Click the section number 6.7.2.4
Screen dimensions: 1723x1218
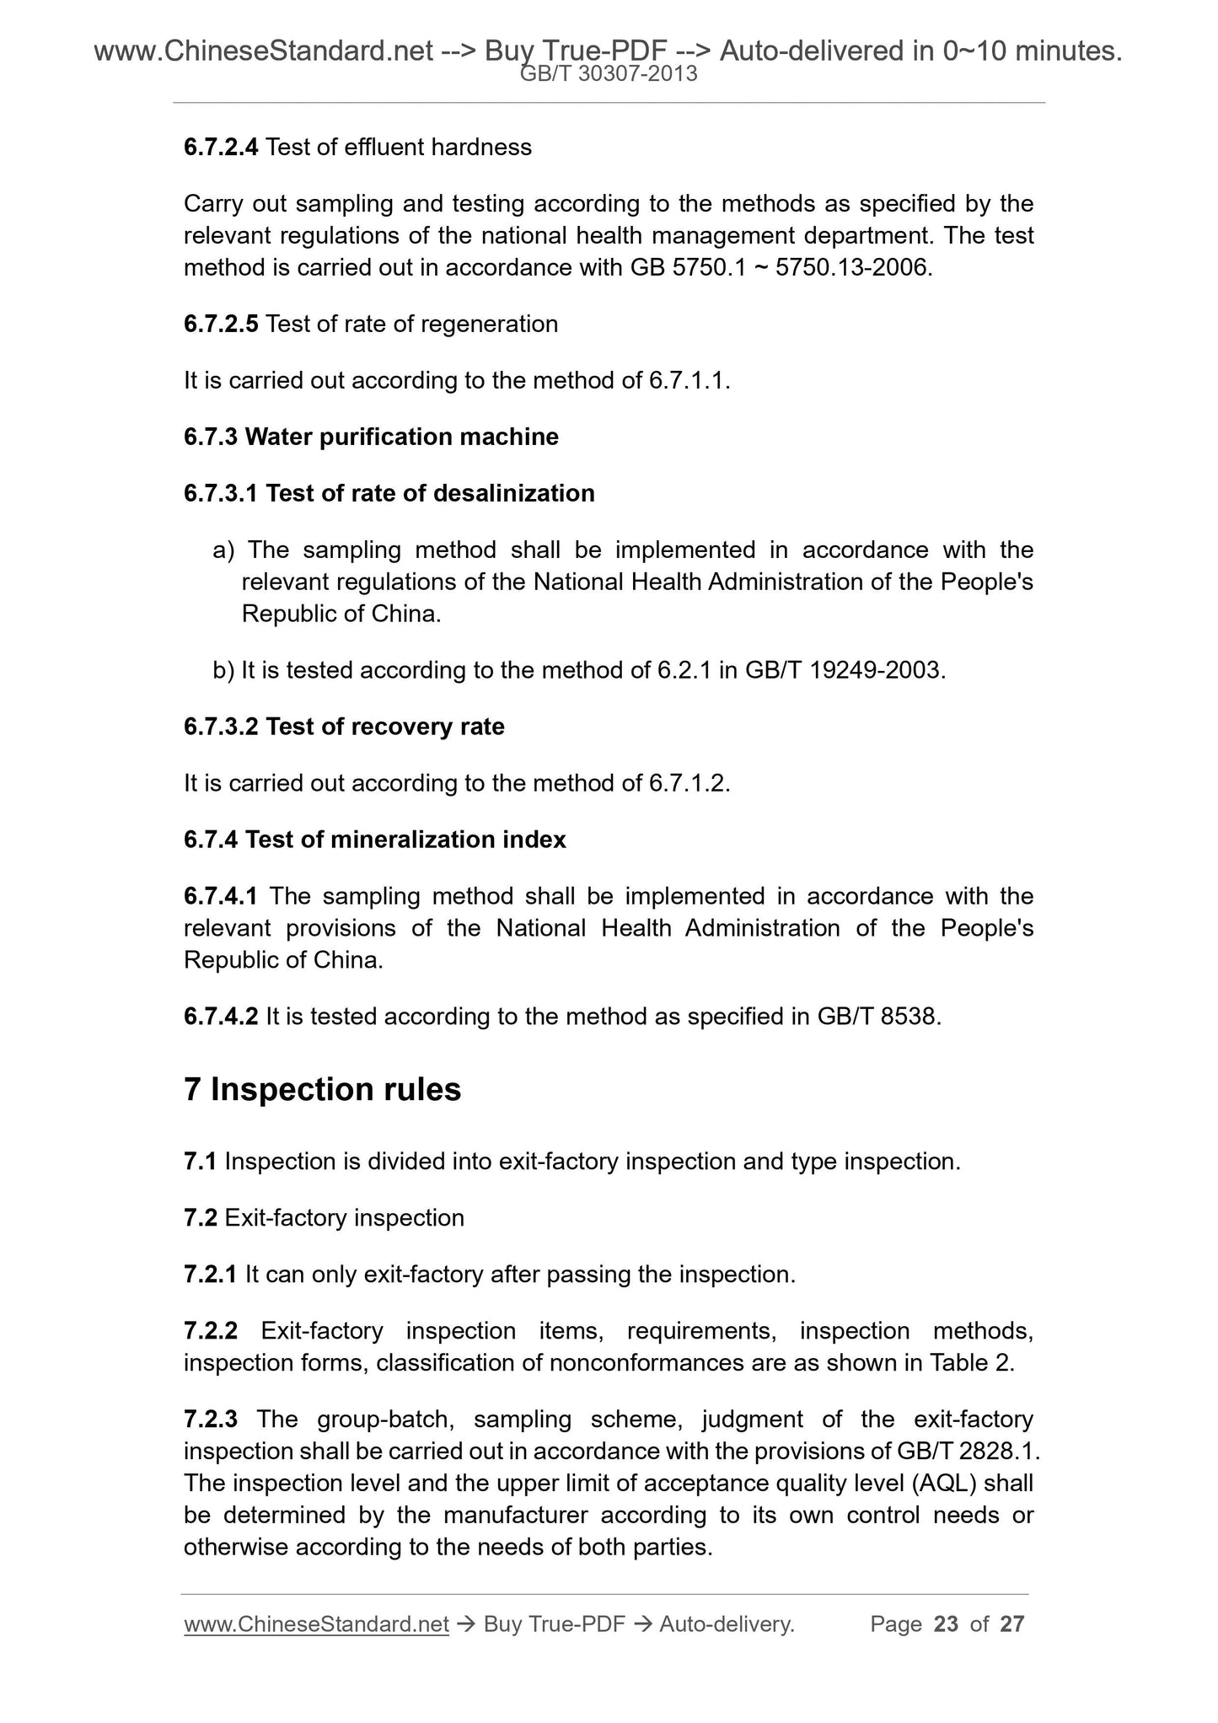[221, 148]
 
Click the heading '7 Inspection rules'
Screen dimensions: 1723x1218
[322, 1090]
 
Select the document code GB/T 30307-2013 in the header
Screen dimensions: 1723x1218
[609, 74]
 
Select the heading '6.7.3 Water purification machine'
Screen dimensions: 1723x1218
[371, 437]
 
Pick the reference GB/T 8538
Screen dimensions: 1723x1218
[877, 1017]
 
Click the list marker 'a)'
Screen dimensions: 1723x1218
[223, 550]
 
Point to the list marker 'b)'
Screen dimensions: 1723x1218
[223, 670]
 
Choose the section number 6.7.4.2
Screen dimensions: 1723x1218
[221, 1017]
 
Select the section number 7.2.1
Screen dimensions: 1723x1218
[211, 1275]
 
